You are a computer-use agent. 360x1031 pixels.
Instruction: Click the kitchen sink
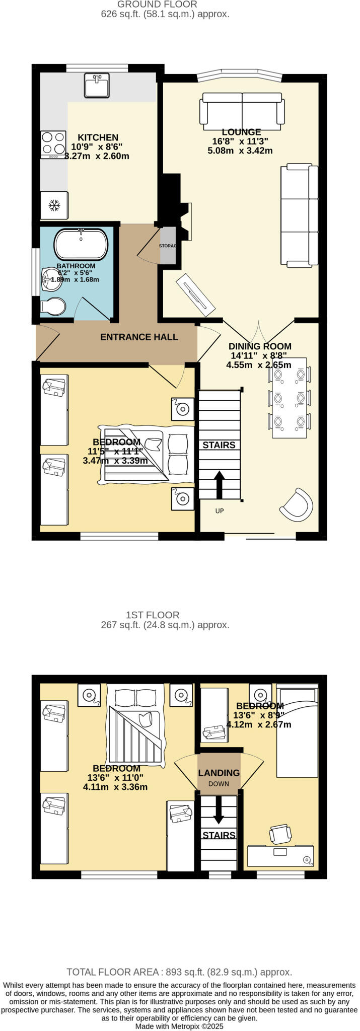(96, 85)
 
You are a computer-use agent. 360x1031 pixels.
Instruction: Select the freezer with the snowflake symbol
(54, 205)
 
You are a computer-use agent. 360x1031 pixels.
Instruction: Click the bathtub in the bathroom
(81, 244)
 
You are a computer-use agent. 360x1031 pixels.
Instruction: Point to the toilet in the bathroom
(53, 306)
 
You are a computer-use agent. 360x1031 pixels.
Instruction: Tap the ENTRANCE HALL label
(139, 337)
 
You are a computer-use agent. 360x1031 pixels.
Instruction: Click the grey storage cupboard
(168, 245)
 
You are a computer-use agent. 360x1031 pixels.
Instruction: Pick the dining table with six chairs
(289, 398)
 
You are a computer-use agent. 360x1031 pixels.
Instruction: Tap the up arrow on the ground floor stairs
(220, 483)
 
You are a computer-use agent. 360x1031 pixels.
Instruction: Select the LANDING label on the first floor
(219, 773)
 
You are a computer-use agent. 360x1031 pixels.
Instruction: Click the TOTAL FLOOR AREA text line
(179, 972)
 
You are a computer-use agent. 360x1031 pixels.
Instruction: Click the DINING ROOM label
(260, 346)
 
